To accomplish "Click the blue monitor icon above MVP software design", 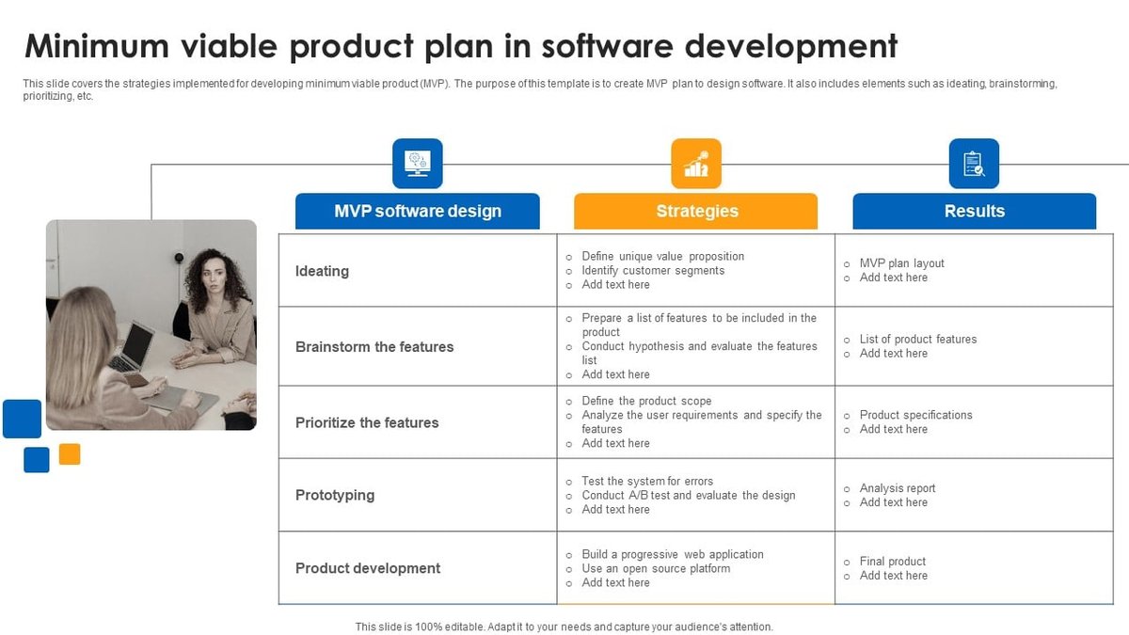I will tap(417, 164).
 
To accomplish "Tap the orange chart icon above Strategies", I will tap(696, 164).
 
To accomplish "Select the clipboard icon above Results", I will tap(974, 164).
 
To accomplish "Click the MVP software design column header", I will tap(418, 211).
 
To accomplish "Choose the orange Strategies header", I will tap(696, 211).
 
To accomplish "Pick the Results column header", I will tap(975, 211).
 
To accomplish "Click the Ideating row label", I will tap(322, 271).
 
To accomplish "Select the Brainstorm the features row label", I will tap(374, 346).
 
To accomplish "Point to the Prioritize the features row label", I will tap(367, 422).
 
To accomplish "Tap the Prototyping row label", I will tap(335, 495).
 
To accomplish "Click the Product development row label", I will tap(368, 568).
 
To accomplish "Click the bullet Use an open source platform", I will tap(655, 568).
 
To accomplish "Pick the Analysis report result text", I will tap(898, 488).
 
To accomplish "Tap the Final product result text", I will tap(893, 561).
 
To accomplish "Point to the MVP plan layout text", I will tap(901, 263).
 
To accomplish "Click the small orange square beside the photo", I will tap(70, 454).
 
